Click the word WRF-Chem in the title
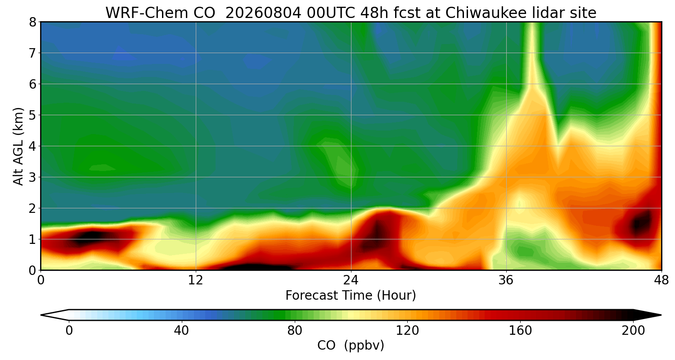coord(160,13)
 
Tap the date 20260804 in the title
coord(263,13)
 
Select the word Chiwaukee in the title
coord(486,13)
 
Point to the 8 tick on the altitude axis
coord(32,22)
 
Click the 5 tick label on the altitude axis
coord(32,115)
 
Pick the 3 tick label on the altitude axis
coord(32,177)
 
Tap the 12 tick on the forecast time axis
coord(196,280)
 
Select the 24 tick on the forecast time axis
coord(351,280)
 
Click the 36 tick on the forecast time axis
coord(506,280)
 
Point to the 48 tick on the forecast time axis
coord(661,280)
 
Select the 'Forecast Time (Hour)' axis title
coord(351,296)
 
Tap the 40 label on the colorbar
coord(181,331)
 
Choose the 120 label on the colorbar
coord(407,331)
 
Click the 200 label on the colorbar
coord(633,331)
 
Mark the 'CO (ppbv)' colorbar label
coord(351,346)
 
